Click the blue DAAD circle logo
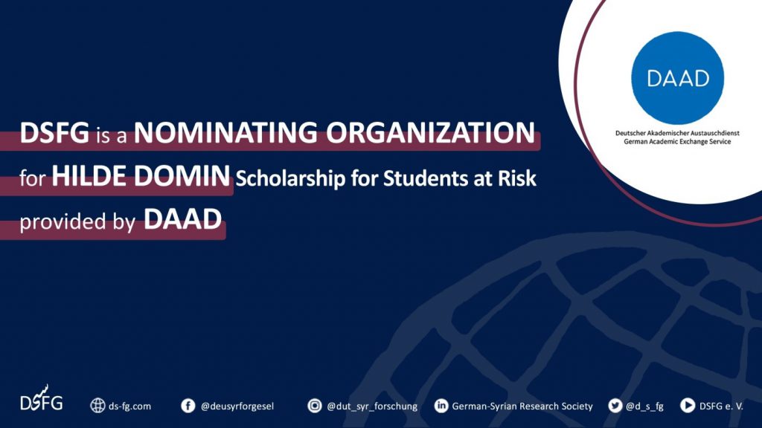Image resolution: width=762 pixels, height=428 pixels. click(677, 77)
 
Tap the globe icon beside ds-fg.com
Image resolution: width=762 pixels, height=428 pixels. click(97, 406)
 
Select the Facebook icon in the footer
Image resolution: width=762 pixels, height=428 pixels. click(188, 406)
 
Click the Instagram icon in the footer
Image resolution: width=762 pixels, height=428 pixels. click(315, 405)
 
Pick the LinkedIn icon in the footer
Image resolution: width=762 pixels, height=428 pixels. click(441, 405)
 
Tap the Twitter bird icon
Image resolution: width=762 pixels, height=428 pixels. click(615, 405)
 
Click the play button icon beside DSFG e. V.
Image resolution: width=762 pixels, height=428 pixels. click(687, 405)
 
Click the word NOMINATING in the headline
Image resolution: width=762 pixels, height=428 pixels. click(225, 132)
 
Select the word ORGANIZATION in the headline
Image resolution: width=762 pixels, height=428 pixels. click(431, 132)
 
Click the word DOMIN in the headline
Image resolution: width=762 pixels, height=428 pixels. click(182, 175)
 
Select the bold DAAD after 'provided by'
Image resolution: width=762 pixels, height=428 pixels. click(183, 219)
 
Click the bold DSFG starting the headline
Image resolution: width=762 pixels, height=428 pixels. click(54, 132)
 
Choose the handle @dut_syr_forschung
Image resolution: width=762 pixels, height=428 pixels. click(372, 406)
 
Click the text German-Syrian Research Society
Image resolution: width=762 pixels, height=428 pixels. click(522, 406)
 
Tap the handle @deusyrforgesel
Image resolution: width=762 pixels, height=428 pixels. click(237, 406)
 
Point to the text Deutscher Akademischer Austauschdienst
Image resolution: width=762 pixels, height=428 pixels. click(677, 133)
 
